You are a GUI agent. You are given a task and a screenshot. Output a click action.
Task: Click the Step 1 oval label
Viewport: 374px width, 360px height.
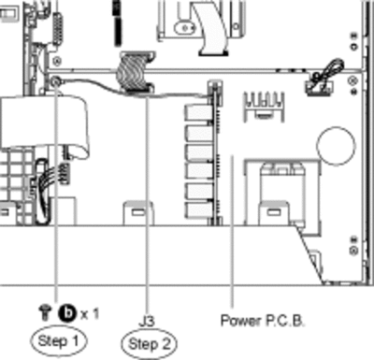pos(58,341)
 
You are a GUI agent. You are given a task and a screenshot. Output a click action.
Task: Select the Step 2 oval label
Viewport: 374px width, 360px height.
pos(150,344)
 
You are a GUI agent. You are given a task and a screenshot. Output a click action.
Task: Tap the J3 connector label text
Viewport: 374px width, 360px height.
pos(147,322)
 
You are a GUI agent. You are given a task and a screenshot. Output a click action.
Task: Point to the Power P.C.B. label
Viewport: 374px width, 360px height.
pos(262,321)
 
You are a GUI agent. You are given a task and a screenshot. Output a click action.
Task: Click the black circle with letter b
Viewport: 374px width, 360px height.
pos(67,313)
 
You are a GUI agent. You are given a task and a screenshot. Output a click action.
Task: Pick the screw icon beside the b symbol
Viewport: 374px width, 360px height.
pos(45,313)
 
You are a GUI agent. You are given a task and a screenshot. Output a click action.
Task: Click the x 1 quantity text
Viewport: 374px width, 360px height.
pos(90,313)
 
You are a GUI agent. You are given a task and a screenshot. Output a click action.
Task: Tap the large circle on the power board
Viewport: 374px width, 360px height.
pos(336,145)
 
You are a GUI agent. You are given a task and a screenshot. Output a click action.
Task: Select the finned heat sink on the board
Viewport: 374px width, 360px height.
pos(264,106)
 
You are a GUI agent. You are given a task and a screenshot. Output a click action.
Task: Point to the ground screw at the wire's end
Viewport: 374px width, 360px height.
pos(56,82)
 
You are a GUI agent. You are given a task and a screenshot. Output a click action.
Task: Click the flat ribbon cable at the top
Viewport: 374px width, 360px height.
pos(209,27)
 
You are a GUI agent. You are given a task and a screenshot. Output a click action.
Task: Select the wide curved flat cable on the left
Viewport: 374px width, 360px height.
pos(44,122)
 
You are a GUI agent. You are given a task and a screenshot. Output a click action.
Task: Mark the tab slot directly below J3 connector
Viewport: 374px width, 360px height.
pos(138,213)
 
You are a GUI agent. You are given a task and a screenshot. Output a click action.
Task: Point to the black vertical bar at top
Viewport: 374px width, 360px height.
pos(117,22)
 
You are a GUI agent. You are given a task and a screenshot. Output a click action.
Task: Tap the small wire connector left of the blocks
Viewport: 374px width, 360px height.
pos(65,173)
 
